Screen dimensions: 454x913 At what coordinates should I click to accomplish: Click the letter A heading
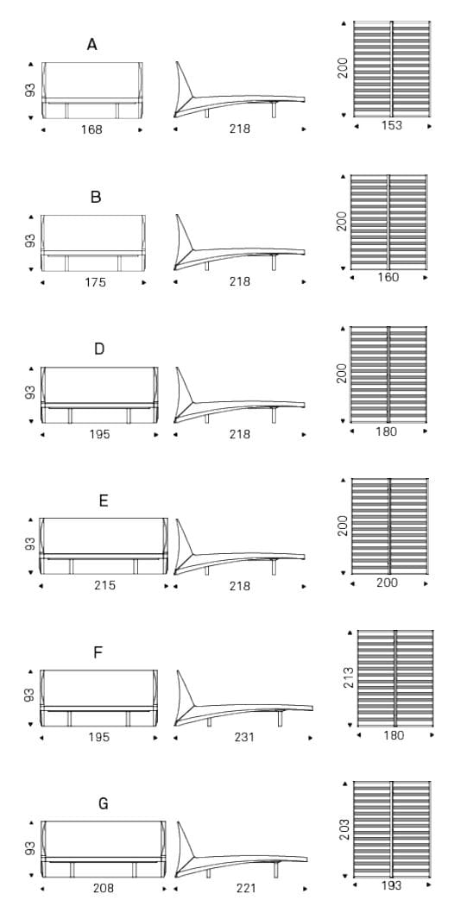pyautogui.click(x=92, y=44)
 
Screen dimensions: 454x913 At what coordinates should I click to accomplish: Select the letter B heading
pyautogui.click(x=96, y=197)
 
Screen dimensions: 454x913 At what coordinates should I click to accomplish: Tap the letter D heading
pyautogui.click(x=99, y=349)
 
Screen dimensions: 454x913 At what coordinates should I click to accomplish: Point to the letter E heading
pyautogui.click(x=104, y=501)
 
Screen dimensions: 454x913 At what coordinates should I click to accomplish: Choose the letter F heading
pyautogui.click(x=98, y=652)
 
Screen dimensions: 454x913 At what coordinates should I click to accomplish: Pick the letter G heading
pyautogui.click(x=104, y=804)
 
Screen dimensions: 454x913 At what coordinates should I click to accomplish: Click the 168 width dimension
pyautogui.click(x=92, y=129)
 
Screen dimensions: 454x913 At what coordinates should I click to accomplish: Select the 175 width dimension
pyautogui.click(x=95, y=282)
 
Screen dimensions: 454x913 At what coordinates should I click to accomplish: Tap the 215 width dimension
pyautogui.click(x=104, y=586)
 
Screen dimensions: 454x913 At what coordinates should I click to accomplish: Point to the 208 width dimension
pyautogui.click(x=104, y=889)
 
